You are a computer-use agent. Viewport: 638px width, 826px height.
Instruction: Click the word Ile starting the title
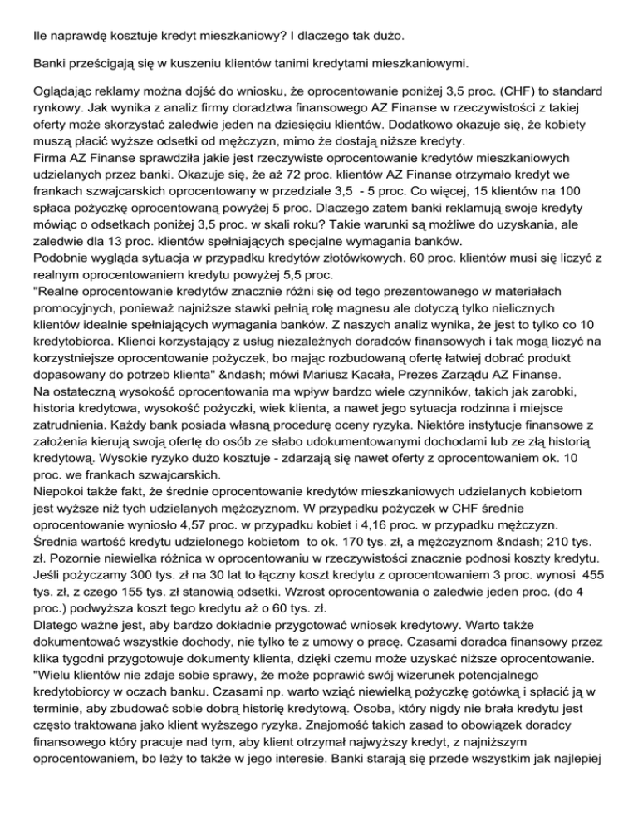(41, 14)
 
